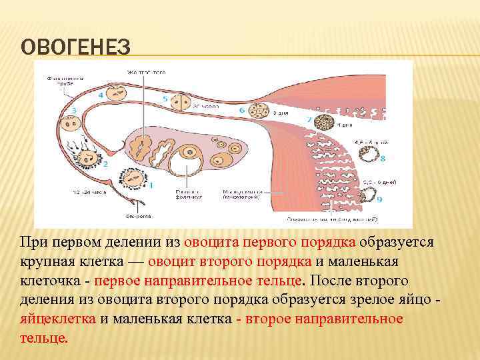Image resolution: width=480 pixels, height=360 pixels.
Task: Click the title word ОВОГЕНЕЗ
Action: [75, 49]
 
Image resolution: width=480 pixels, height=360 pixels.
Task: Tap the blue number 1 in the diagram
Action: [151, 184]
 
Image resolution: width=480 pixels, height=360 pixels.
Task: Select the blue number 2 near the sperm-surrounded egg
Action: [104, 163]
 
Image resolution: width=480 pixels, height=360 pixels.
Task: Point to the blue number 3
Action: [73, 110]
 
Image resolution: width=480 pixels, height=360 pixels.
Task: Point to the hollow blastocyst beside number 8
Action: [367, 158]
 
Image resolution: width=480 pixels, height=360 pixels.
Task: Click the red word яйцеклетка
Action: [58, 318]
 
